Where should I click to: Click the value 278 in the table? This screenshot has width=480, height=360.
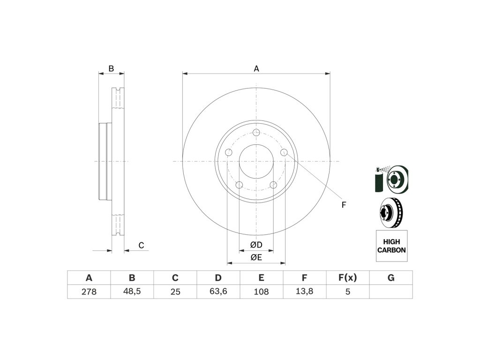point(89,292)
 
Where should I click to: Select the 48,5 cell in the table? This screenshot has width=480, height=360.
point(132,292)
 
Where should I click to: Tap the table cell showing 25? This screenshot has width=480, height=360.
point(175,292)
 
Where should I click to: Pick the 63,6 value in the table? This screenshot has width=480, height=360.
point(218,292)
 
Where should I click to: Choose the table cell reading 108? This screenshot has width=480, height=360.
point(262,292)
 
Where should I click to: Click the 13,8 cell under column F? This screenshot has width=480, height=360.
point(305,292)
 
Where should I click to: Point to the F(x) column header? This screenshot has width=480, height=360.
point(347,277)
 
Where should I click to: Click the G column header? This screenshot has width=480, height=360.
point(391,277)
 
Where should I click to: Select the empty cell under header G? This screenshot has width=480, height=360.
point(391,292)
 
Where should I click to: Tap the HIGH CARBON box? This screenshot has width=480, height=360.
point(391,246)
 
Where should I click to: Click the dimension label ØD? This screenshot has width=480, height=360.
point(255,245)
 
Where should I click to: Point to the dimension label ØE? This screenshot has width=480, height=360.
point(255,257)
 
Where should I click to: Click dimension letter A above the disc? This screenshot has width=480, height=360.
point(256,68)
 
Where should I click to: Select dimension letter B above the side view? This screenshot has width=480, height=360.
point(111,68)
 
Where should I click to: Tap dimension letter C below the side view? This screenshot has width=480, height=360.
point(141,245)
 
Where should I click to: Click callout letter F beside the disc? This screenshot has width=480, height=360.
point(344,205)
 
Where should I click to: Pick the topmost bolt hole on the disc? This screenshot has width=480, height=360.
point(256,132)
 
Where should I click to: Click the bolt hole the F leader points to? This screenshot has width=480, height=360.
point(284,152)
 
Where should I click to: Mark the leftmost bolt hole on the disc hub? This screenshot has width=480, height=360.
point(229,153)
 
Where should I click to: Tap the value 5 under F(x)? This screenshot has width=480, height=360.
point(347,292)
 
